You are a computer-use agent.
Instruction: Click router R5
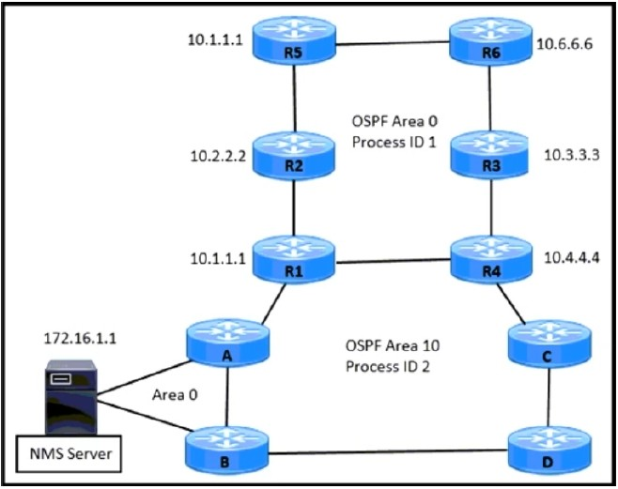[x=294, y=40]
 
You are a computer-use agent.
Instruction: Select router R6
[x=490, y=41]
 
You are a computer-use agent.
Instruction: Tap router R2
[x=294, y=155]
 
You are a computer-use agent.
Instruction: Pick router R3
[x=489, y=155]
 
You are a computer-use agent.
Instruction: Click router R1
[x=294, y=260]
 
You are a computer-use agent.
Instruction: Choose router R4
[x=491, y=260]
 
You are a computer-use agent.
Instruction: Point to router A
[x=228, y=344]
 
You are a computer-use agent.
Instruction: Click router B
[x=226, y=450]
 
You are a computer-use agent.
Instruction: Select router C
[x=549, y=344]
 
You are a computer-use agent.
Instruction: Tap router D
[x=549, y=450]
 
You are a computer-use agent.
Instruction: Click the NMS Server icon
[x=71, y=397]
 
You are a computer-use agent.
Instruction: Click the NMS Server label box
[x=69, y=453]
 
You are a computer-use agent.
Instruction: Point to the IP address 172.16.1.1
[x=80, y=339]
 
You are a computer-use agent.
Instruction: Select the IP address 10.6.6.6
[x=564, y=44]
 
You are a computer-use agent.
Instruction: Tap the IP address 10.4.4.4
[x=571, y=258]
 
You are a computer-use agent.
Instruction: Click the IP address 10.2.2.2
[x=218, y=157]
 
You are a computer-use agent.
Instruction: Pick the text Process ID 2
[x=388, y=367]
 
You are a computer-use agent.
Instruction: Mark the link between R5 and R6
[x=393, y=43]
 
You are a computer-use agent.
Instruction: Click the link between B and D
[x=388, y=452]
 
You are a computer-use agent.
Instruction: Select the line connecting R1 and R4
[x=393, y=261]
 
